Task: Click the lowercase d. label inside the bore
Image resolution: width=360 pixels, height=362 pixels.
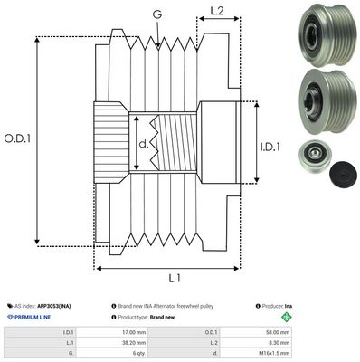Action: coord(145,143)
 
